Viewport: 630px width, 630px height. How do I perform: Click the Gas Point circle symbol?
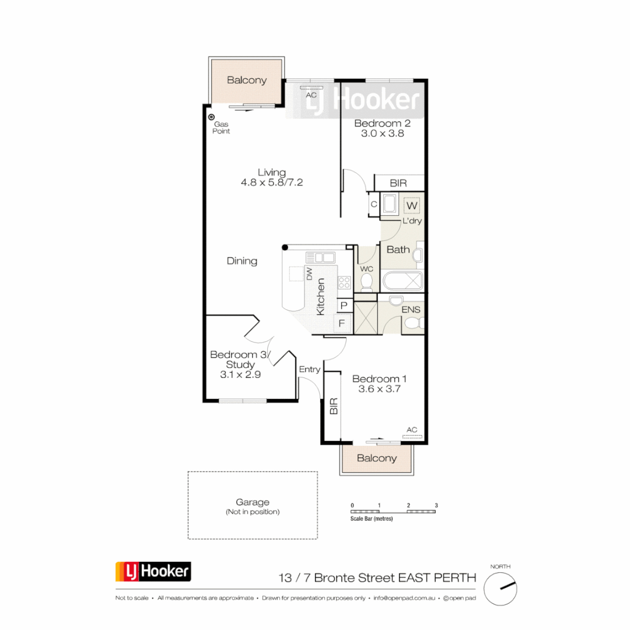pyautogui.click(x=212, y=117)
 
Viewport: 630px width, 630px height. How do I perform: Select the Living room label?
pyautogui.click(x=272, y=172)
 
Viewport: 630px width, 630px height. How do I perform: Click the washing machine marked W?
pyautogui.click(x=412, y=206)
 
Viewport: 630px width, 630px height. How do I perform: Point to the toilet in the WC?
pyautogui.click(x=367, y=282)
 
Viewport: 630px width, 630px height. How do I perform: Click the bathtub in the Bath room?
pyautogui.click(x=402, y=281)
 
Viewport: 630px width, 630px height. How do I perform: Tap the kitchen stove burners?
pyautogui.click(x=344, y=283)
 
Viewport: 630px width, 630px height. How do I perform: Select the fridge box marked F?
pyautogui.click(x=344, y=323)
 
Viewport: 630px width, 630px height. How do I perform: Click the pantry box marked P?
pyautogui.click(x=344, y=306)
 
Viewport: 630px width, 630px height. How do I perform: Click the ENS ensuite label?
pyautogui.click(x=411, y=310)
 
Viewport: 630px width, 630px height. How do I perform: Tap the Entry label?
pyautogui.click(x=309, y=369)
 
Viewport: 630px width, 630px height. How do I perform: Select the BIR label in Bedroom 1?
pyautogui.click(x=334, y=406)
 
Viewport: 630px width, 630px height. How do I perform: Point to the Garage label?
pyautogui.click(x=253, y=502)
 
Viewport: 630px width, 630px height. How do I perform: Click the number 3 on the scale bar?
pyautogui.click(x=436, y=505)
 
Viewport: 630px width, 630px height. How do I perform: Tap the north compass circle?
pyautogui.click(x=501, y=588)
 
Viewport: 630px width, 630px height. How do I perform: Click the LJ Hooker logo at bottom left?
pyautogui.click(x=153, y=572)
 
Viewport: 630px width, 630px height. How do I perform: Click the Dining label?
pyautogui.click(x=242, y=261)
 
